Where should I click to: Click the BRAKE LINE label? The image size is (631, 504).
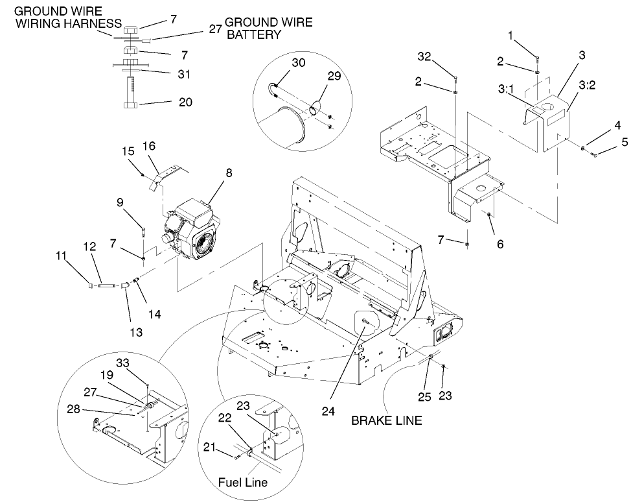coord(386,420)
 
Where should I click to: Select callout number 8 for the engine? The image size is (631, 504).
coord(228,173)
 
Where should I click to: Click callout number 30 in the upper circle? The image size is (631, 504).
coord(298,63)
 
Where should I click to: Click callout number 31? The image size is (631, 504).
coord(184,75)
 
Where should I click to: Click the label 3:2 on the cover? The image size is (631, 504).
coord(586,85)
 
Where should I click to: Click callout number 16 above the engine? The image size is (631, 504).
coord(148,147)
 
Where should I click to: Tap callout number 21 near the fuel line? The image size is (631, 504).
coord(210,447)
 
